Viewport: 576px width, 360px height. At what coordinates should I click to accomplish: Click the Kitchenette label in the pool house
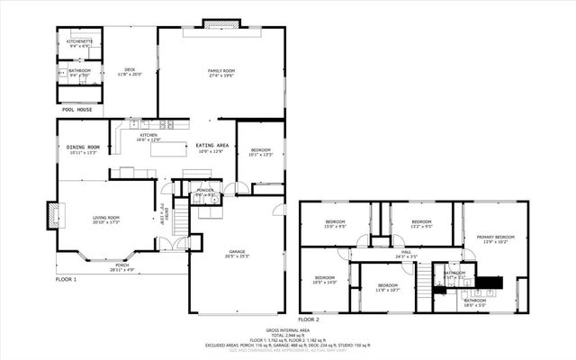(x=79, y=40)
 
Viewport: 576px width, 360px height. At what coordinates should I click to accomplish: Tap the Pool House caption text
(x=76, y=109)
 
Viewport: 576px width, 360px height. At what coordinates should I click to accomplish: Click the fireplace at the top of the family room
(x=215, y=22)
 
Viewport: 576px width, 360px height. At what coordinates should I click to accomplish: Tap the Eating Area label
(x=212, y=145)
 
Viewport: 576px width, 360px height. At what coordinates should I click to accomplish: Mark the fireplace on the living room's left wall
(x=52, y=214)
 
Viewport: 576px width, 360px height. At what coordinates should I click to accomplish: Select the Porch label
(x=121, y=265)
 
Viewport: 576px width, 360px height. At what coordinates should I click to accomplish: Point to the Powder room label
(x=204, y=191)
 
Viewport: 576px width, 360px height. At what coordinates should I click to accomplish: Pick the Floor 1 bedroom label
(x=260, y=149)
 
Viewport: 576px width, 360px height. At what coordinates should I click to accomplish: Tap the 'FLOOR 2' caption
(x=308, y=319)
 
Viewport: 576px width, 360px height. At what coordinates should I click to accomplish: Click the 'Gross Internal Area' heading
(x=287, y=330)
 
